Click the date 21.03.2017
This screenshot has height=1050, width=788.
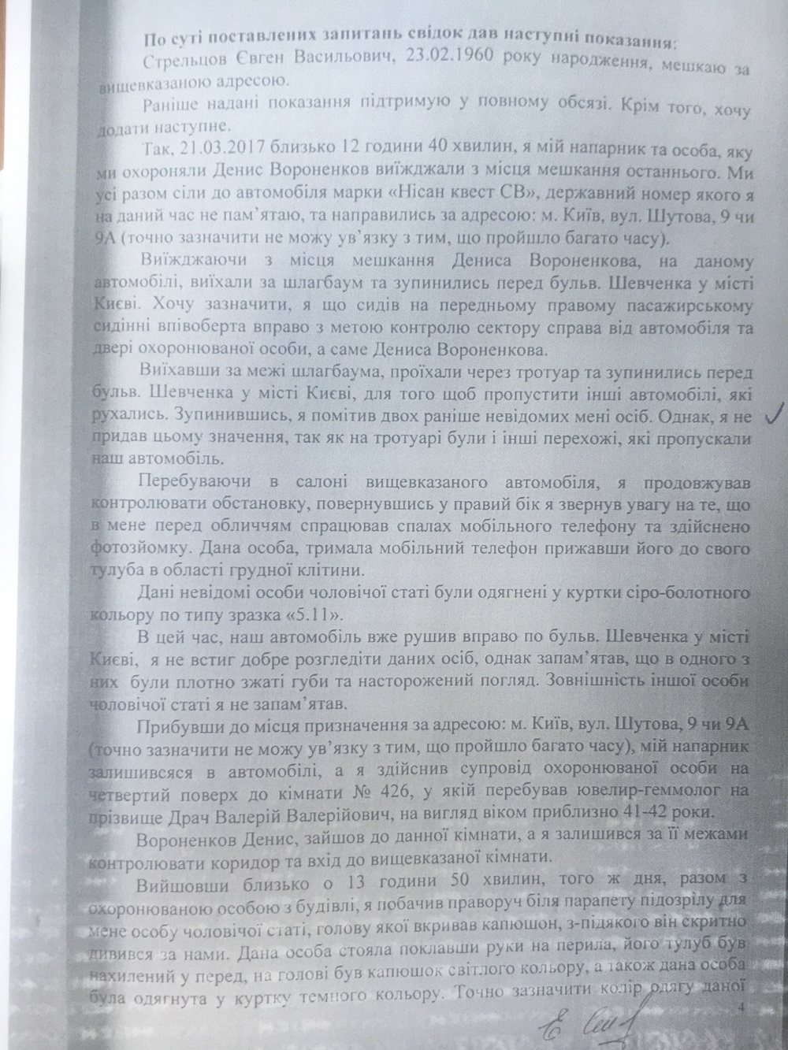tap(213, 148)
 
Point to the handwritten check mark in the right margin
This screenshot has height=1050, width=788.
tap(777, 410)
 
